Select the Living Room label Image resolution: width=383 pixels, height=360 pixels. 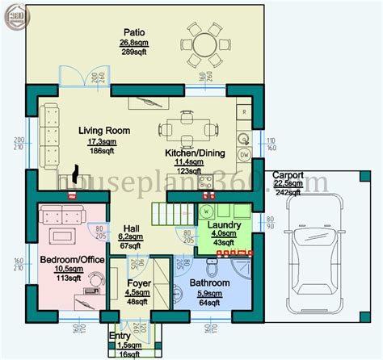[104, 130]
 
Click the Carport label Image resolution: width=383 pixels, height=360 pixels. [288, 174]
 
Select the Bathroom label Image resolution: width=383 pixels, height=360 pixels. [210, 283]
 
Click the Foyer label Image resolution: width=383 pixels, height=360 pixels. [140, 283]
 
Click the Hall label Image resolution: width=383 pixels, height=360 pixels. [132, 228]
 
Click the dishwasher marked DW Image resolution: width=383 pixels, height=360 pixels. [243, 153]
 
